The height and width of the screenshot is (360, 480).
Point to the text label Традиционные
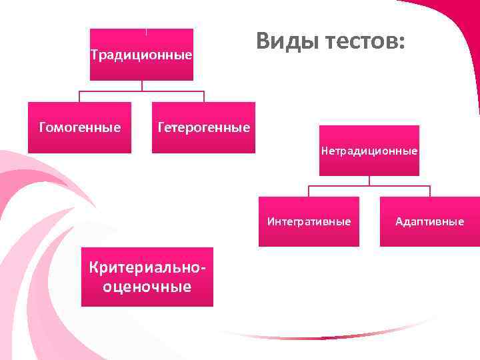pos(141,55)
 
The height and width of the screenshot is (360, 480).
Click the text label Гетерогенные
pos(203,127)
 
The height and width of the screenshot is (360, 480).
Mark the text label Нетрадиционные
pos(369,151)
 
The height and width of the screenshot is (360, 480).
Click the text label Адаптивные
pos(429,221)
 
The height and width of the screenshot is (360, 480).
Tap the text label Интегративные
pos(309,221)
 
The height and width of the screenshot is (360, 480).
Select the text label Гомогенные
pos(80,127)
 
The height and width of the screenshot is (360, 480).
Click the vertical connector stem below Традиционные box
pos(141,85)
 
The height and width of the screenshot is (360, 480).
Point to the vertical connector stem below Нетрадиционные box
pos(369,181)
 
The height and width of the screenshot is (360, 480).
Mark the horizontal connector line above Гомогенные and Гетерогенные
pos(141,91)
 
